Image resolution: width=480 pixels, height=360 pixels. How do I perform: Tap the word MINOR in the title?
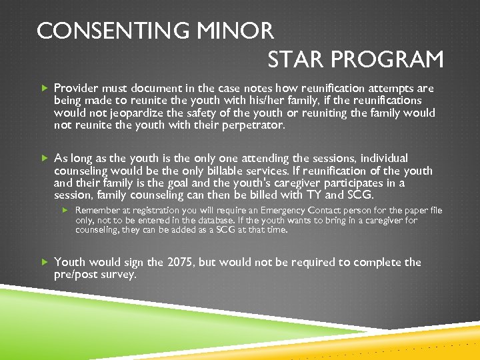[237, 31]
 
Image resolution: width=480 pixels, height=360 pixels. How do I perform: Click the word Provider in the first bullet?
[76, 88]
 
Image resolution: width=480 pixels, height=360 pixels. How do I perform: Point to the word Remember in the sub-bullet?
[98, 211]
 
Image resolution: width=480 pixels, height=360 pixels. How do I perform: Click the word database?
[198, 220]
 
